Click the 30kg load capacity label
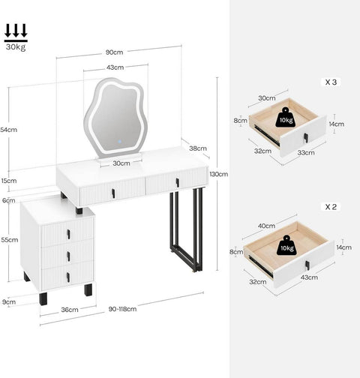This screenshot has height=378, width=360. tap(15, 47)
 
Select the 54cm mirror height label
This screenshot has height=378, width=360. tap(9, 130)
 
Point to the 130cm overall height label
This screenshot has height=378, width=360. tap(218, 174)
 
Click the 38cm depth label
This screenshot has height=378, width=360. tap(198, 148)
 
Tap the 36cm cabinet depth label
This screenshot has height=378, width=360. tap(69, 309)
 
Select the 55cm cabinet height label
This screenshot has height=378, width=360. tap(9, 240)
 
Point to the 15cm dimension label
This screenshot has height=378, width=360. tap(9, 181)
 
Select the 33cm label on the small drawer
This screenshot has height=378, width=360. tap(306, 153)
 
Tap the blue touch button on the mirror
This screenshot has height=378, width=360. tap(117, 140)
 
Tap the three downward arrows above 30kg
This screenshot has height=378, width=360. tap(15, 31)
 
